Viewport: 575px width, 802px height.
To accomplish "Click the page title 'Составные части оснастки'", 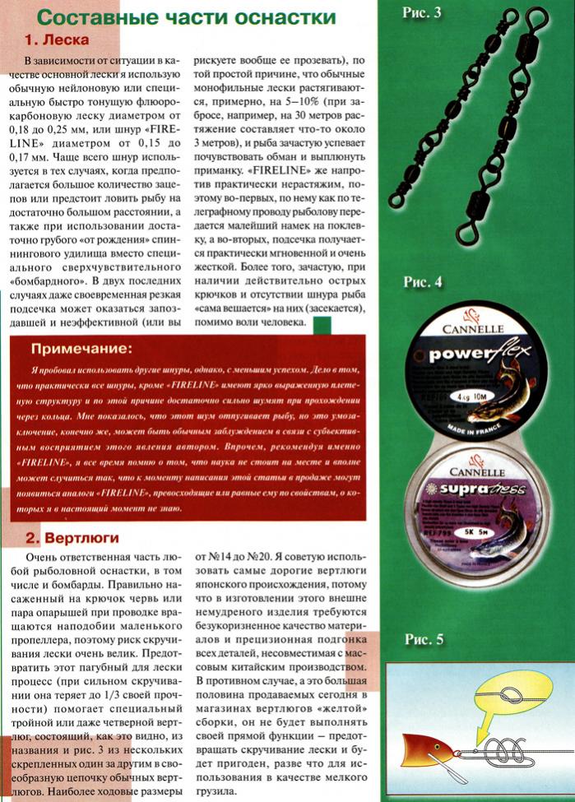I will [187, 16].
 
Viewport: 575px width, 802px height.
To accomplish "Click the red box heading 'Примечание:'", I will [88, 347].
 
